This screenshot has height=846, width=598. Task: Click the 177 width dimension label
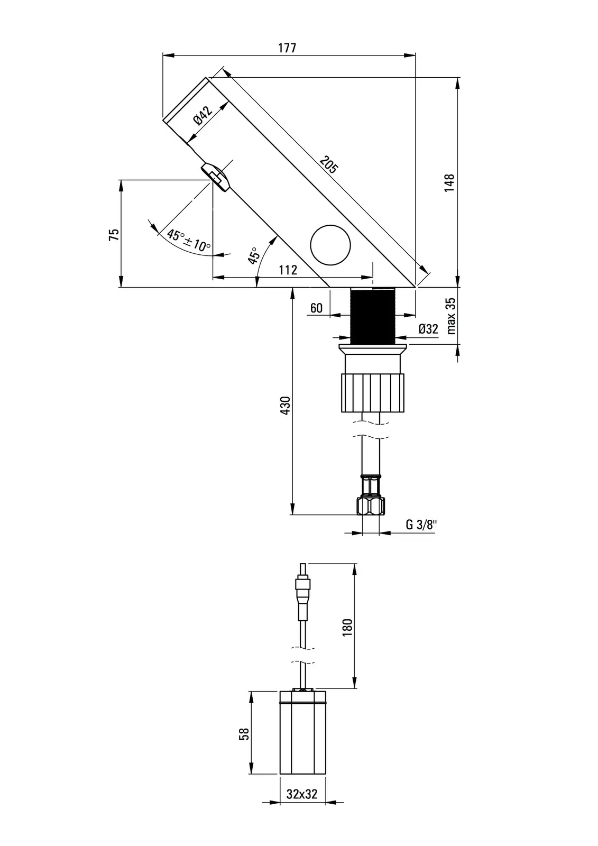287,48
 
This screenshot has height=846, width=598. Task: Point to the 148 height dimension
449,182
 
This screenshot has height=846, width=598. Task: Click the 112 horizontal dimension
288,270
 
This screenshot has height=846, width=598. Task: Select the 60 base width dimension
316,308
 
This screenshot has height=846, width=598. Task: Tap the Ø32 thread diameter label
428,329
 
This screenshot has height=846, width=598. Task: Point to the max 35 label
450,316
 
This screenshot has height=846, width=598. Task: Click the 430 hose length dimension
285,405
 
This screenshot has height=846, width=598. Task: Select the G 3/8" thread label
422,525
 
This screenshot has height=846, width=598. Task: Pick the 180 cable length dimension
347,627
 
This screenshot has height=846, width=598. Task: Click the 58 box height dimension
244,734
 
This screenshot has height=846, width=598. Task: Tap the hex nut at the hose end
371,506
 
